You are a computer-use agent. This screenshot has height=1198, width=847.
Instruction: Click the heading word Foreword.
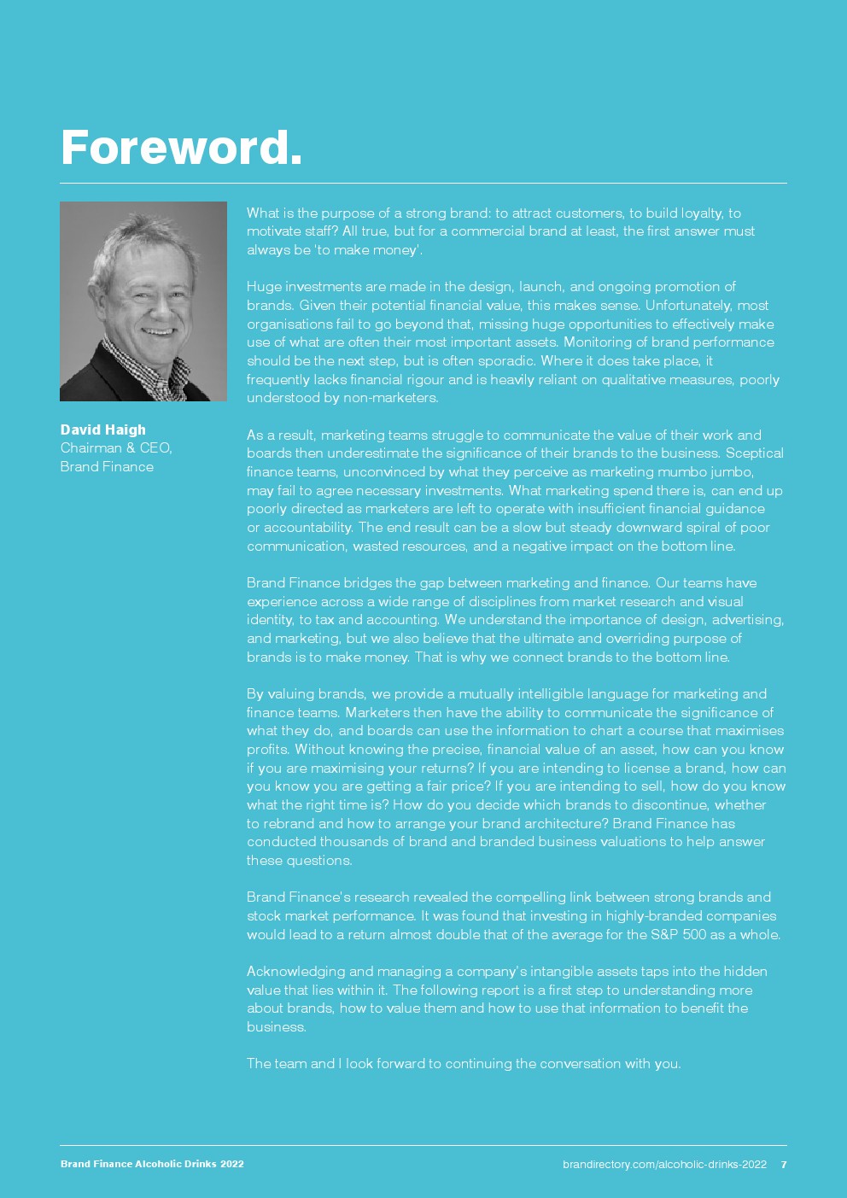(181, 148)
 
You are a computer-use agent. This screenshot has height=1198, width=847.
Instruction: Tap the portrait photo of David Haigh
(143, 301)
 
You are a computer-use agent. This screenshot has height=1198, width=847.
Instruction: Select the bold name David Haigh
(102, 430)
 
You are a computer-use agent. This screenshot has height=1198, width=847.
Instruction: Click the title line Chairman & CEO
(116, 447)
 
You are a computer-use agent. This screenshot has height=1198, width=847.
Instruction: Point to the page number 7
(784, 1164)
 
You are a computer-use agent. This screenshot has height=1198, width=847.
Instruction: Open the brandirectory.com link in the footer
(664, 1164)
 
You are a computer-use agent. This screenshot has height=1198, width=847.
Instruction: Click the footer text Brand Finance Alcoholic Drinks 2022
(152, 1164)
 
